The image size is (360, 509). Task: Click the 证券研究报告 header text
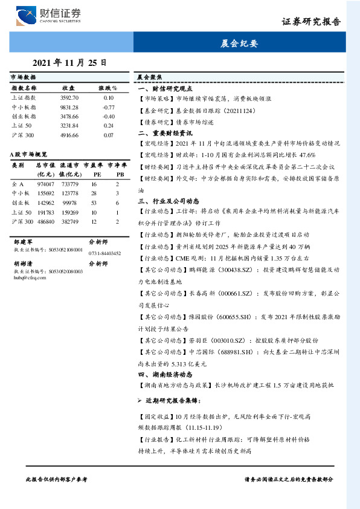[311, 22]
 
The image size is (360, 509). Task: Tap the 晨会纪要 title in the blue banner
[239, 44]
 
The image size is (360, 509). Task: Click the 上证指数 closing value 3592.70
[69, 97]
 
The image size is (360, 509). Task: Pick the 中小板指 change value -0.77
[109, 107]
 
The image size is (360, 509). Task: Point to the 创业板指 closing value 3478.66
[69, 116]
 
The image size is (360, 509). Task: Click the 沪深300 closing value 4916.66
[69, 135]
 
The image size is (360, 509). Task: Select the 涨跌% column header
[108, 88]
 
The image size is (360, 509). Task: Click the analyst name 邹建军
[22, 241]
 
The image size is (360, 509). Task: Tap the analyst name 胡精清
[22, 264]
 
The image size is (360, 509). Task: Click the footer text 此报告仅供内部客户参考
[57, 479]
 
